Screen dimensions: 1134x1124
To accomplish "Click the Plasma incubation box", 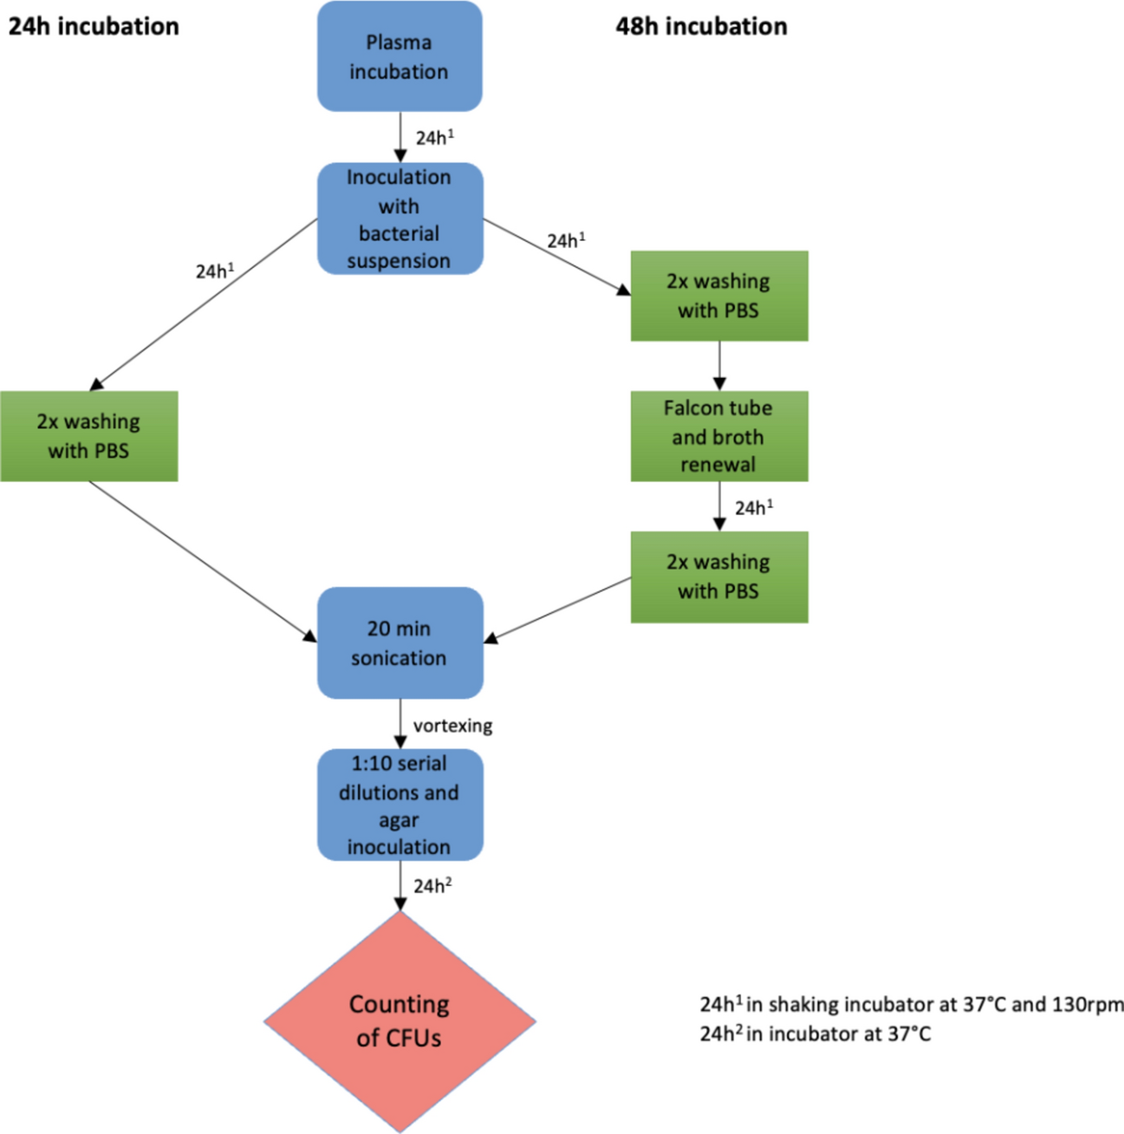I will click(399, 56).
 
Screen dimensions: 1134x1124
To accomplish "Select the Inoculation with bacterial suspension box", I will click(399, 218).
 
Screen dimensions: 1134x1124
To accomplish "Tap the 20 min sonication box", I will click(399, 642).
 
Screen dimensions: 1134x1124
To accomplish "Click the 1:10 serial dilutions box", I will click(399, 805).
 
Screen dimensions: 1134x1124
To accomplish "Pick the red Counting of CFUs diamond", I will click(399, 1021).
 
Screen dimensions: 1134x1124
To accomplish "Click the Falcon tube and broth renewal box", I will click(718, 436).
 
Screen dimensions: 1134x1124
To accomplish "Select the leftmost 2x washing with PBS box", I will click(88, 436).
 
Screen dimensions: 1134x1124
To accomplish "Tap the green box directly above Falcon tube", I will click(718, 296).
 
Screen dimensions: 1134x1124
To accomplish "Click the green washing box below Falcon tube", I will click(718, 577).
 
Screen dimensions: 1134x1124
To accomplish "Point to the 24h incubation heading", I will click(94, 26).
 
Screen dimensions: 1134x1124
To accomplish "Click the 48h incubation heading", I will click(701, 26).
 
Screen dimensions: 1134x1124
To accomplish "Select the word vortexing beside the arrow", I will click(452, 726).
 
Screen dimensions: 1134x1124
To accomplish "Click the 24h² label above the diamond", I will click(432, 885).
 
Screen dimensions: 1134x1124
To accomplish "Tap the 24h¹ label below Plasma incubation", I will click(434, 138).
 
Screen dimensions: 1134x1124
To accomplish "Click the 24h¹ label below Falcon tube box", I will click(753, 507).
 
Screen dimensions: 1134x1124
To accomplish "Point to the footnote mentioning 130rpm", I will click(910, 1005).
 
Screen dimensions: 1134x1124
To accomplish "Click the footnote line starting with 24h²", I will click(815, 1033).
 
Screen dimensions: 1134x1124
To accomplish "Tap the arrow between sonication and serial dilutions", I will click(400, 723).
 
